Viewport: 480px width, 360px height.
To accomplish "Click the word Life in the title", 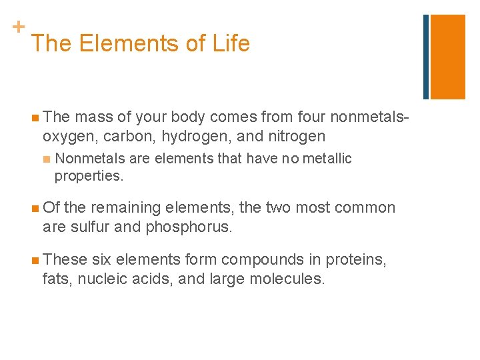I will point(231,44).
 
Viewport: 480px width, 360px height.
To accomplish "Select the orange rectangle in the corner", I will point(447,57).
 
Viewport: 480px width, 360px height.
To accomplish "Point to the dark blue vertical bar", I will point(426,57).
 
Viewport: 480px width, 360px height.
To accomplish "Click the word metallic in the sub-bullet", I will point(327,159).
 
